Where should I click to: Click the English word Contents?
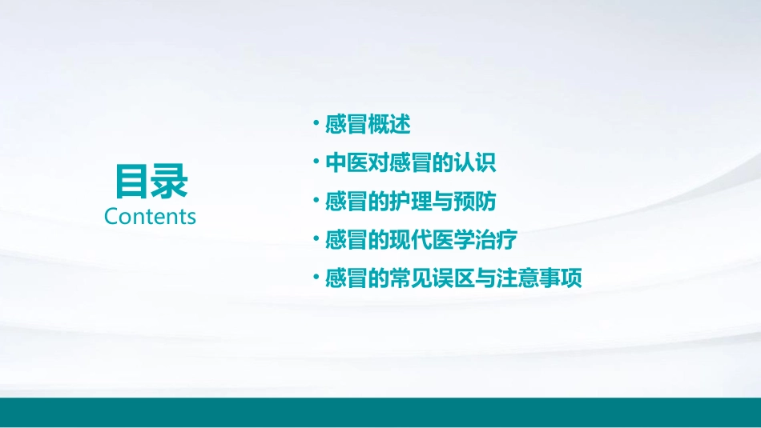(x=150, y=216)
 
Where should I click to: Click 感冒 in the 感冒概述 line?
(x=346, y=124)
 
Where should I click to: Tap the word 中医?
(x=346, y=162)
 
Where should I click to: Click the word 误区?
(x=453, y=278)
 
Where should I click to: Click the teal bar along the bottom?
(x=380, y=411)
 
